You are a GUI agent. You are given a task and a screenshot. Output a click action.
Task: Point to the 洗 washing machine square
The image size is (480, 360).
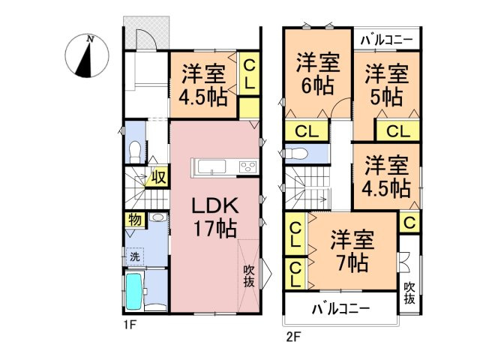(x=134, y=255)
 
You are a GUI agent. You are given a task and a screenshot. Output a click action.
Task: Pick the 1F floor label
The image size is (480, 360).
(x=130, y=326)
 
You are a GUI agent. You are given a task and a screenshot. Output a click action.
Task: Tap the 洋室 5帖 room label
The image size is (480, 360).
(x=387, y=84)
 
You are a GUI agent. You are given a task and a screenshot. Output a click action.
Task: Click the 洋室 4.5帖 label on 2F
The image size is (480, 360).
(x=387, y=175)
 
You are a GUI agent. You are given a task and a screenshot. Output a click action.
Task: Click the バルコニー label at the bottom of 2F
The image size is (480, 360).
(x=340, y=308)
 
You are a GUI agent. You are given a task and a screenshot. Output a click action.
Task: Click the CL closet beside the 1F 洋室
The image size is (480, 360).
(x=249, y=75)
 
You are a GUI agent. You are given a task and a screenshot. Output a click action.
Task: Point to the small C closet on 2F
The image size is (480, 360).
(x=409, y=221)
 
